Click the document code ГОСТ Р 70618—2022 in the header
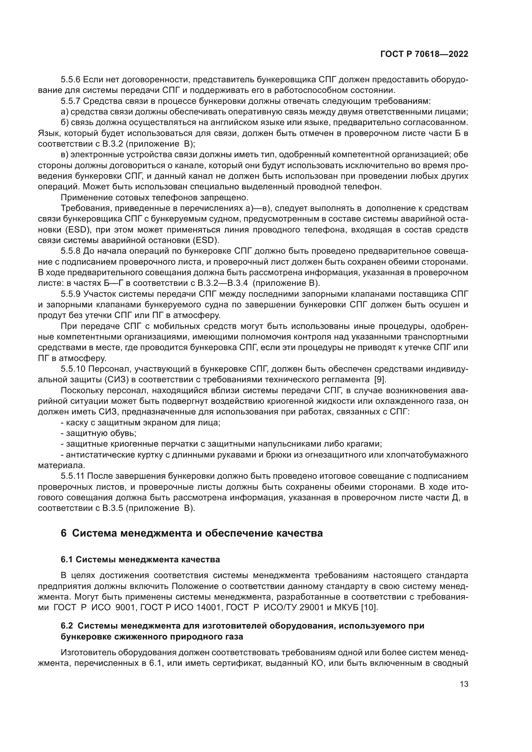point(424,54)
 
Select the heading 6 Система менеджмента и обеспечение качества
point(192,533)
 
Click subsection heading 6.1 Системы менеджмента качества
point(140,560)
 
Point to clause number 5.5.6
point(70,80)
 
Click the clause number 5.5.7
point(70,101)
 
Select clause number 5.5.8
point(70,251)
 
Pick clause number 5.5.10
point(73,369)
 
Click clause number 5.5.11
point(72,476)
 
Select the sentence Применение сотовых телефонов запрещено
point(155,198)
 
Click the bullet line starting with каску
point(141,423)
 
